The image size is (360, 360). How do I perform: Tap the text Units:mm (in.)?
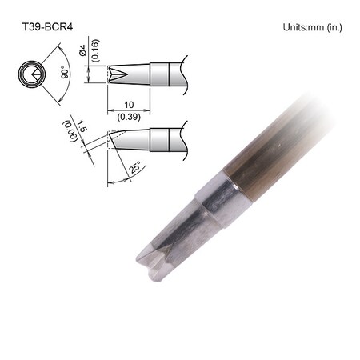click(312, 27)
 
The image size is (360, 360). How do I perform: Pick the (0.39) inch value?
click(127, 117)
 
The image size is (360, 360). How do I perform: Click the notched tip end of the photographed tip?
click(150, 262)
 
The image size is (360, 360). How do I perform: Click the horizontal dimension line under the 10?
click(127, 111)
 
